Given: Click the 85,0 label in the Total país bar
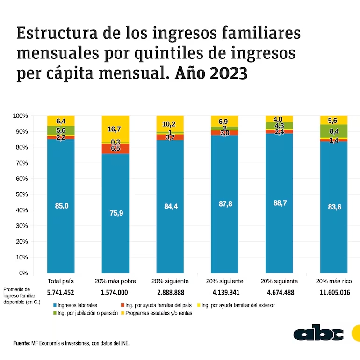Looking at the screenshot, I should (x=61, y=206).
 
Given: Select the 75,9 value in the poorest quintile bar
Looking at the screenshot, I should (x=115, y=213).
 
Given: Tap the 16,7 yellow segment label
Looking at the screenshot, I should (x=115, y=129).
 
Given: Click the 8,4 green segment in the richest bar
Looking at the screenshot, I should (x=334, y=131).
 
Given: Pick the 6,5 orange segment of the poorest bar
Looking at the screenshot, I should (x=115, y=148).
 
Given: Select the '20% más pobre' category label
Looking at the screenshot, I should (x=115, y=281).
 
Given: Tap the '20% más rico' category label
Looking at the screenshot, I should (x=334, y=281).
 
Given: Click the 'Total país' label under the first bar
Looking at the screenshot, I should (x=61, y=281).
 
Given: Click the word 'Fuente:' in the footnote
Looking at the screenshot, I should (x=22, y=343).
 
